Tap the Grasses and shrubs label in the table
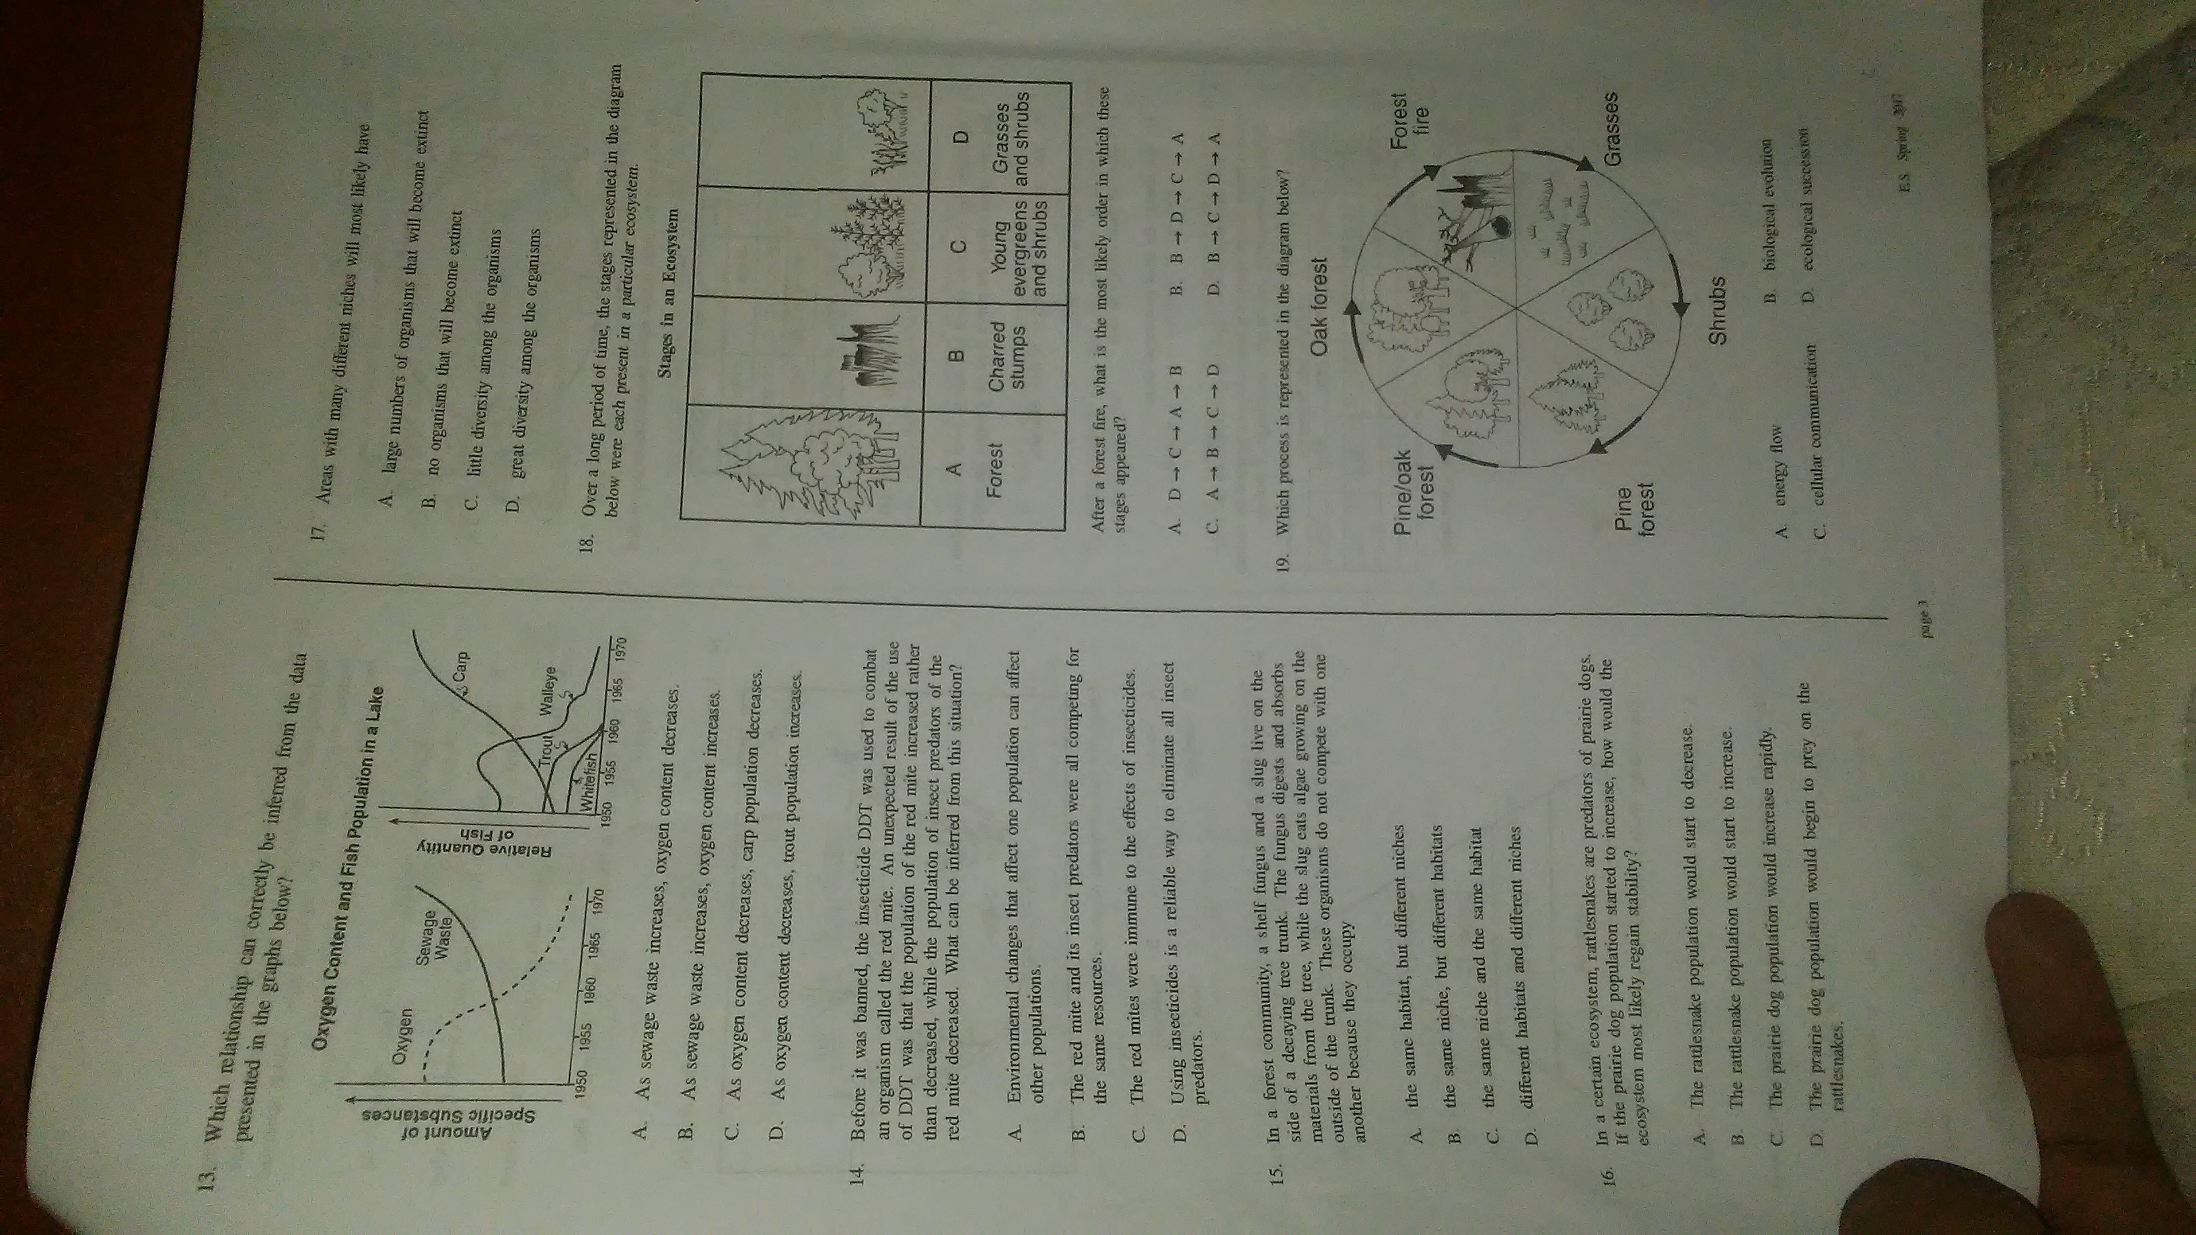pos(1012,143)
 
